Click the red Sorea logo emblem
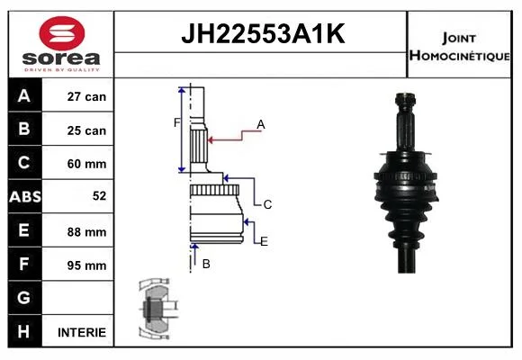[x=62, y=33]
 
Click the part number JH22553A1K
[x=263, y=33]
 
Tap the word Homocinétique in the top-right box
[x=459, y=56]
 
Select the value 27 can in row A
[x=86, y=96]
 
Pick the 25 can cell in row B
[x=86, y=130]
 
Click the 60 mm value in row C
[x=86, y=164]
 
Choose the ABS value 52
[x=100, y=196]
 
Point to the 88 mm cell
[x=86, y=232]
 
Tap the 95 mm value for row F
[x=86, y=265]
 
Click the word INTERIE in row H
[x=82, y=332]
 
